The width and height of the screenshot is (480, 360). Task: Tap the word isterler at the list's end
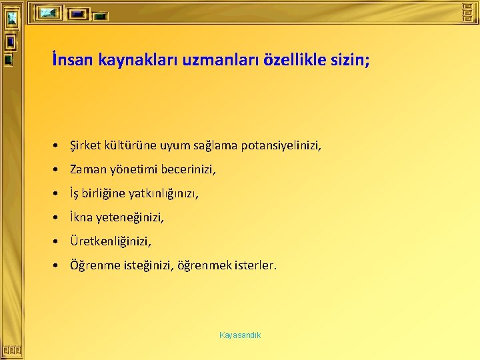[255, 265]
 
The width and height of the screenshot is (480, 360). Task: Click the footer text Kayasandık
[240, 335]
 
